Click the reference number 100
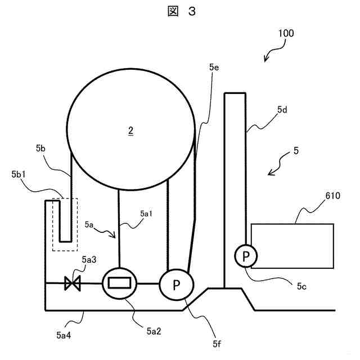point(286,33)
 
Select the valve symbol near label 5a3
point(73,283)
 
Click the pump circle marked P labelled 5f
point(176,285)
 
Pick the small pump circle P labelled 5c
point(246,256)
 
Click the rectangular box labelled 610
point(292,245)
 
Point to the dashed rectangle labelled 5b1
point(65,224)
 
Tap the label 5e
point(213,67)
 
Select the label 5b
point(40,148)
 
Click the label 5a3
point(89,259)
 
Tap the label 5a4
point(64,336)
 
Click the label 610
point(334,196)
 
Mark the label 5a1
point(146,213)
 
